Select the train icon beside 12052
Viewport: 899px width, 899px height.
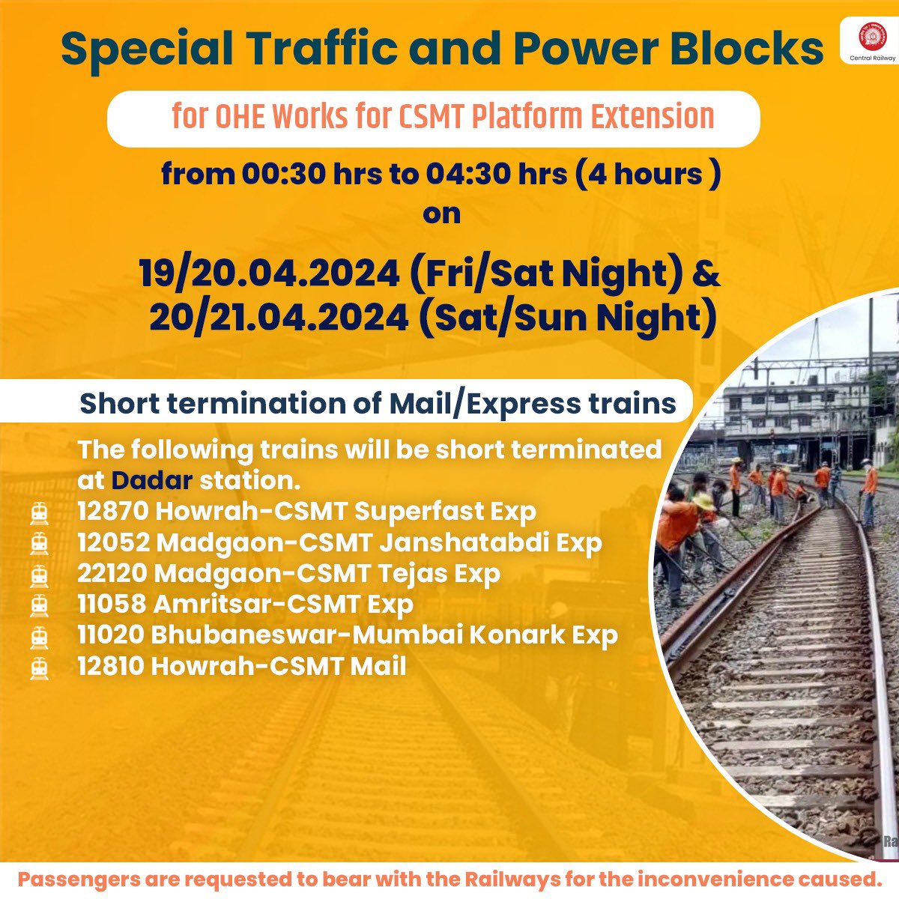pos(39,543)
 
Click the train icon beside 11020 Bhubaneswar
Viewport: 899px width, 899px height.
pos(39,636)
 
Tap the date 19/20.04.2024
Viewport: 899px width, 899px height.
pos(270,274)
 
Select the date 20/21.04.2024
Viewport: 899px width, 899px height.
pos(279,318)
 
